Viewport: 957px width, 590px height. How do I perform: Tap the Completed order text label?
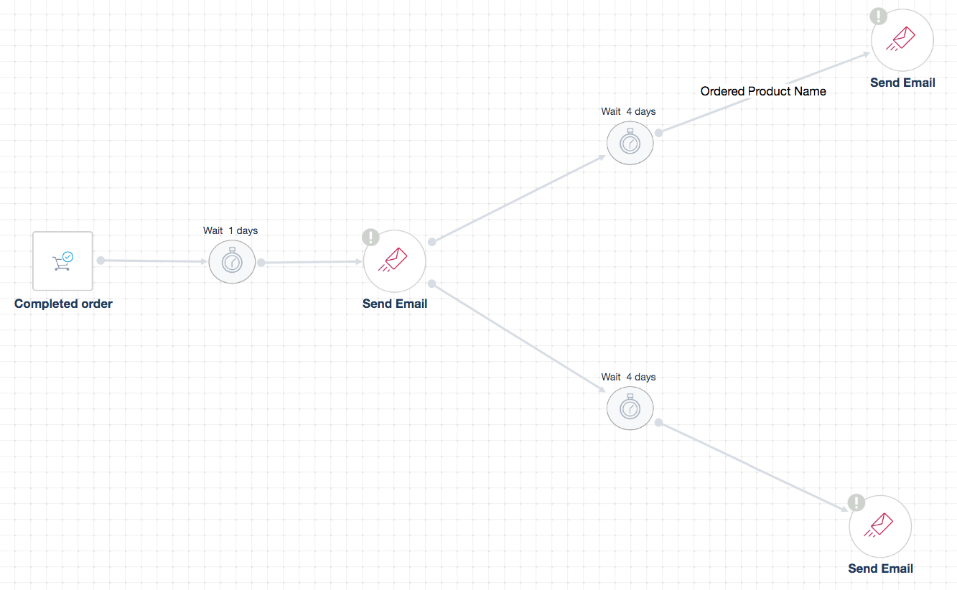[63, 304]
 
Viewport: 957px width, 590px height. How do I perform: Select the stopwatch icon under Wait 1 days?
[232, 262]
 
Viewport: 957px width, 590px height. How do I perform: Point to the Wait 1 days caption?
[230, 230]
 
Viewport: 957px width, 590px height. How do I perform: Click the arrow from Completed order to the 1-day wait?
[154, 261]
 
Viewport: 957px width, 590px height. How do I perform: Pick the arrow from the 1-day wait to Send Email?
[312, 263]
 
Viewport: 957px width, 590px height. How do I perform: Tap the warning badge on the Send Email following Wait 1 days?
[370, 237]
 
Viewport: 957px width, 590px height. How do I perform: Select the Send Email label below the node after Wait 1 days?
[395, 304]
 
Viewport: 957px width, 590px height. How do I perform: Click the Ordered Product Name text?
[763, 91]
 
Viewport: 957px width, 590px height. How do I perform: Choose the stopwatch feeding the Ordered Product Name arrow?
[630, 143]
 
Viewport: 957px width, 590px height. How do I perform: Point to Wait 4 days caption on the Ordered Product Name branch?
[628, 111]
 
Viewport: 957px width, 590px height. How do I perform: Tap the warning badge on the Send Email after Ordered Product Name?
[879, 16]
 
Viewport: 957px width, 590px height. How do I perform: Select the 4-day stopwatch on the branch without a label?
[630, 408]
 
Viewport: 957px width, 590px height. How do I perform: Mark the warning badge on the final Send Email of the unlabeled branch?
[856, 502]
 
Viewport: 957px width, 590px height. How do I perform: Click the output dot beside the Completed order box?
[101, 261]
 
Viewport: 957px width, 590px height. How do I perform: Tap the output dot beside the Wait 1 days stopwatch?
[261, 263]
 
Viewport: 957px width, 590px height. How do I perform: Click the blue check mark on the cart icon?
[68, 256]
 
